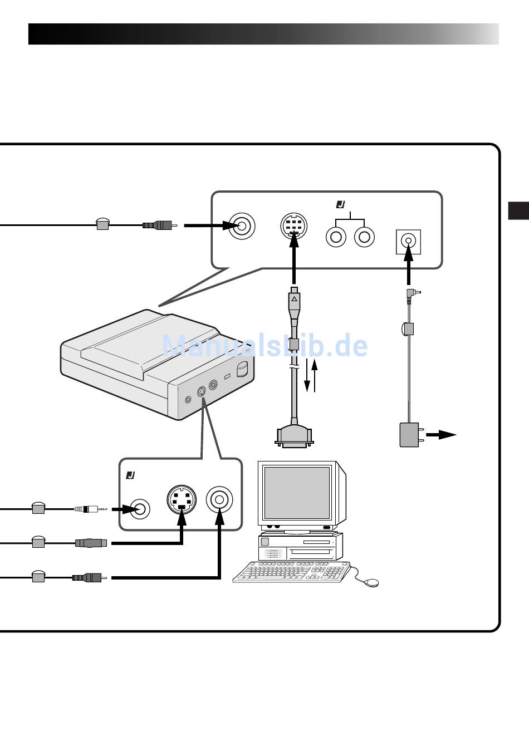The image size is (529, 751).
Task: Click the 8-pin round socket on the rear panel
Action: [x=294, y=225]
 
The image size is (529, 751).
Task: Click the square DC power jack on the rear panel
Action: [x=408, y=242]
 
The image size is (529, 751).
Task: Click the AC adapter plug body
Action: [x=409, y=435]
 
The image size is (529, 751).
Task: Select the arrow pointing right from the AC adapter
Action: [x=441, y=435]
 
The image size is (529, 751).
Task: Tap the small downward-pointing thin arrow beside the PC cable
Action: [x=307, y=375]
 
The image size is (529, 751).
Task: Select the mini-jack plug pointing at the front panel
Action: [x=91, y=509]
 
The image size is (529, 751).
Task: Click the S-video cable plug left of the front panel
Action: [x=91, y=543]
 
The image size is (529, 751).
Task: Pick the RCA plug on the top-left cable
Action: [x=160, y=225]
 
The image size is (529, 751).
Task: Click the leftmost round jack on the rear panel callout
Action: [x=242, y=226]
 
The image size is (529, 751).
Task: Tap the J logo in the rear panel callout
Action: [x=341, y=204]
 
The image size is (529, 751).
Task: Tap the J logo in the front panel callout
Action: [x=130, y=475]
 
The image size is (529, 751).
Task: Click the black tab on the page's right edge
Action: [x=518, y=210]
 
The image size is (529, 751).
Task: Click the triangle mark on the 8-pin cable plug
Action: [x=294, y=298]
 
